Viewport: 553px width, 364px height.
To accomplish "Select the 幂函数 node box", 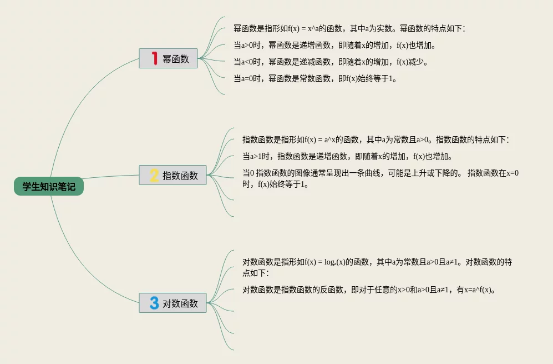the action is pyautogui.click(x=169, y=58).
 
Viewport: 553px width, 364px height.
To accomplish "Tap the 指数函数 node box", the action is pyautogui.click(x=173, y=175).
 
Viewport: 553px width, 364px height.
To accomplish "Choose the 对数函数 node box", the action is pyautogui.click(x=173, y=303).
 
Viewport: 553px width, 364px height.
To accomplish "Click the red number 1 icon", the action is pyautogui.click(x=155, y=58).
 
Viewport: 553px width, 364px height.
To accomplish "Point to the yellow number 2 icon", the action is pyautogui.click(x=154, y=175).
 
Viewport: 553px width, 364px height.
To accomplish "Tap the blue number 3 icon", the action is pyautogui.click(x=154, y=303).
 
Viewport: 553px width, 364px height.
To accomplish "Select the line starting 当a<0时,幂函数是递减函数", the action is pyautogui.click(x=331, y=62).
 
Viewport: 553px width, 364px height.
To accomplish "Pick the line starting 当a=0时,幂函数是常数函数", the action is pyautogui.click(x=315, y=78).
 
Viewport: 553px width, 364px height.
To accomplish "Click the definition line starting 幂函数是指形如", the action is pyautogui.click(x=349, y=28).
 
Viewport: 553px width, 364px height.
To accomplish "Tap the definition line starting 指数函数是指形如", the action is pyautogui.click(x=375, y=139).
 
